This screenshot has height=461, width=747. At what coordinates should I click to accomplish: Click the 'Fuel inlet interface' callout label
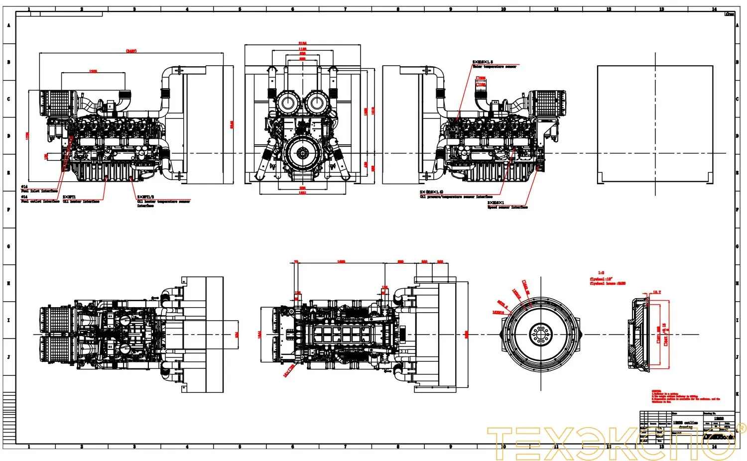pyautogui.click(x=40, y=191)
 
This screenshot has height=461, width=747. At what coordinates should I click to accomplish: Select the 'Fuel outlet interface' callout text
pyautogui.click(x=40, y=202)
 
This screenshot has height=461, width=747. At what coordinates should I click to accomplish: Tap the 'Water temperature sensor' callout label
pyautogui.click(x=494, y=67)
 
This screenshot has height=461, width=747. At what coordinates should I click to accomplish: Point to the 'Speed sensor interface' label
pyautogui.click(x=507, y=207)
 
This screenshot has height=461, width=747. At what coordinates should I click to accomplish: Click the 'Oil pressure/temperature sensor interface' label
pyautogui.click(x=456, y=197)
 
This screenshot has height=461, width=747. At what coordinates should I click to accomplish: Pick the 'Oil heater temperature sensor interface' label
pyautogui.click(x=163, y=202)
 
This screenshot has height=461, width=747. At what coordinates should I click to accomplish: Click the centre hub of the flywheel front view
pyautogui.click(x=540, y=334)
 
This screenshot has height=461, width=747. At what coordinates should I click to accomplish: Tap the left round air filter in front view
pyautogui.click(x=288, y=104)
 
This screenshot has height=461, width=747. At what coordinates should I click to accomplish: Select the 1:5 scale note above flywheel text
pyautogui.click(x=601, y=273)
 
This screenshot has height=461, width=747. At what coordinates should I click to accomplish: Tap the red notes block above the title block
pyautogui.click(x=685, y=397)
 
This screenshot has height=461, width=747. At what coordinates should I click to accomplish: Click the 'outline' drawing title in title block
pyautogui.click(x=686, y=423)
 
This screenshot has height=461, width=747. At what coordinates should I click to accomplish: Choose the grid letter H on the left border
pyautogui.click(x=8, y=283)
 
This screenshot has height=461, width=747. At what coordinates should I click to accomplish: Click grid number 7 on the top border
pyautogui.click(x=345, y=9)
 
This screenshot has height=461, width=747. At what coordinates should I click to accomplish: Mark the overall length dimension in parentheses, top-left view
pyautogui.click(x=131, y=51)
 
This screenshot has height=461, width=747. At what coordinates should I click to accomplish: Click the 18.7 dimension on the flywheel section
pyautogui.click(x=656, y=292)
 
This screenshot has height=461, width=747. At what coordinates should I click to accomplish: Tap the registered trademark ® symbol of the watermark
pyautogui.click(x=741, y=428)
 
